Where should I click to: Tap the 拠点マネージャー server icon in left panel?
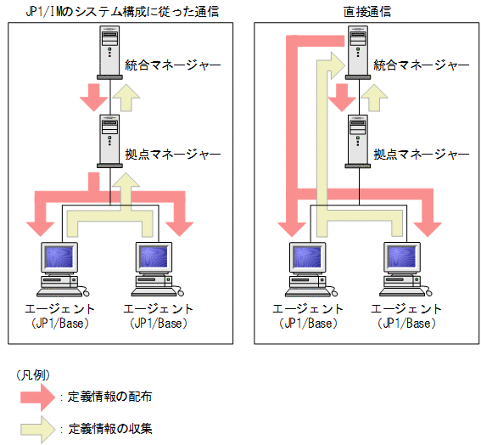109,139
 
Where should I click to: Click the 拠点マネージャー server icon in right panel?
358,139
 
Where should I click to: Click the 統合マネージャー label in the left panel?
172,65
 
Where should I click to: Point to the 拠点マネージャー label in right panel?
421,154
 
